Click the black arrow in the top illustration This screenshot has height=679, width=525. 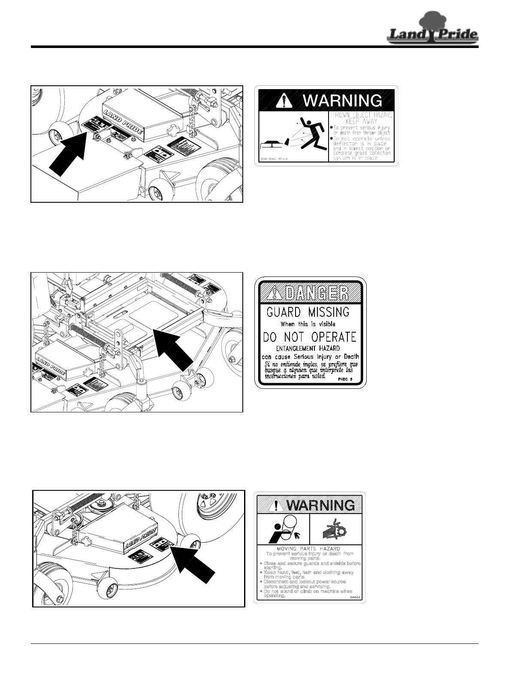tap(69, 153)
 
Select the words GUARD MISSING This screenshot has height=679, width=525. tap(308, 312)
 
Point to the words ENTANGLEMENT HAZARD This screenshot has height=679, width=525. tap(308, 349)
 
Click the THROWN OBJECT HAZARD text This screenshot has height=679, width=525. tap(361, 116)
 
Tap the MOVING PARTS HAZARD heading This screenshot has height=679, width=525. tap(309, 548)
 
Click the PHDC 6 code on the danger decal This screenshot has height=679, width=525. tap(345, 379)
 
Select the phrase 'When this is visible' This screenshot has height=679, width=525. tap(308, 324)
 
